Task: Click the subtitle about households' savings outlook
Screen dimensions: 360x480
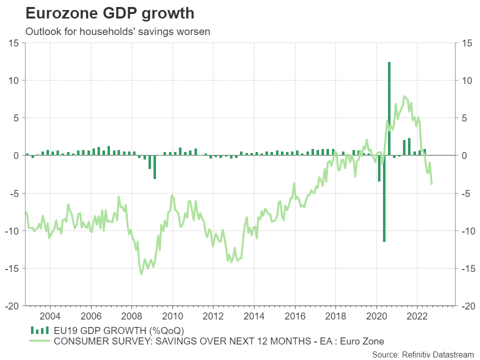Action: (x=117, y=31)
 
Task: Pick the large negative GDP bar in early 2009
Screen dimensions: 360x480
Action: (x=154, y=167)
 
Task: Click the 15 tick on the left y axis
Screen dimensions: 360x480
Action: (x=14, y=43)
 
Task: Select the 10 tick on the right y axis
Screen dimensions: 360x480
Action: (x=466, y=80)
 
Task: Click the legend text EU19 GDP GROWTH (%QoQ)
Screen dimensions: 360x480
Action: (x=119, y=330)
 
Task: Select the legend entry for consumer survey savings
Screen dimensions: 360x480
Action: (x=219, y=341)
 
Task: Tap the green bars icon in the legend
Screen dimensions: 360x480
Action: (x=40, y=330)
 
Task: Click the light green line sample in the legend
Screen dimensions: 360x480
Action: (x=40, y=341)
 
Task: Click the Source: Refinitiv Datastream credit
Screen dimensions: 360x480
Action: (x=422, y=354)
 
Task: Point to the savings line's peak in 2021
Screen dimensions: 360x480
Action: (x=404, y=96)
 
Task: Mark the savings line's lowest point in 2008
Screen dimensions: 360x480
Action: (x=141, y=273)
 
